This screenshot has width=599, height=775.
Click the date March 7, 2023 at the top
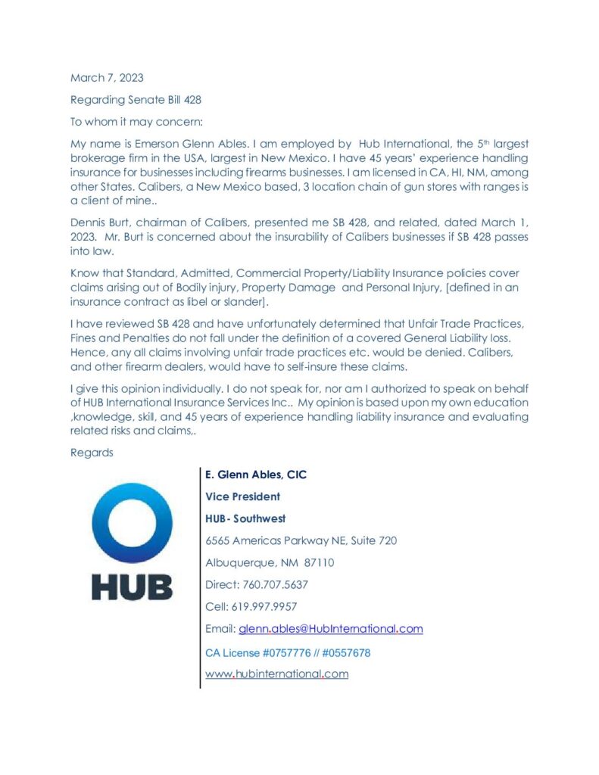(x=107, y=78)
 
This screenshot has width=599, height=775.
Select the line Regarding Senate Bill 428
(x=136, y=99)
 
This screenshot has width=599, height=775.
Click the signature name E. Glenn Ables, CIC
(x=256, y=475)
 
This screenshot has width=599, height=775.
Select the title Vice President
(x=242, y=496)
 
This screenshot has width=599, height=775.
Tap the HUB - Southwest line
(x=245, y=518)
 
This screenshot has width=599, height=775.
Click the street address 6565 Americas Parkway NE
(x=301, y=540)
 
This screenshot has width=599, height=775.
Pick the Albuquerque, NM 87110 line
(x=270, y=562)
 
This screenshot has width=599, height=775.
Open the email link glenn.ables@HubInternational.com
(x=330, y=628)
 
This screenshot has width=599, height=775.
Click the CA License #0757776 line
(x=288, y=652)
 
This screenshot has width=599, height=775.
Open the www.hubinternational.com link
(x=276, y=674)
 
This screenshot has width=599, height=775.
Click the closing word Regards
(x=92, y=453)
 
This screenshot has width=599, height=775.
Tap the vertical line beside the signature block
(x=200, y=575)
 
